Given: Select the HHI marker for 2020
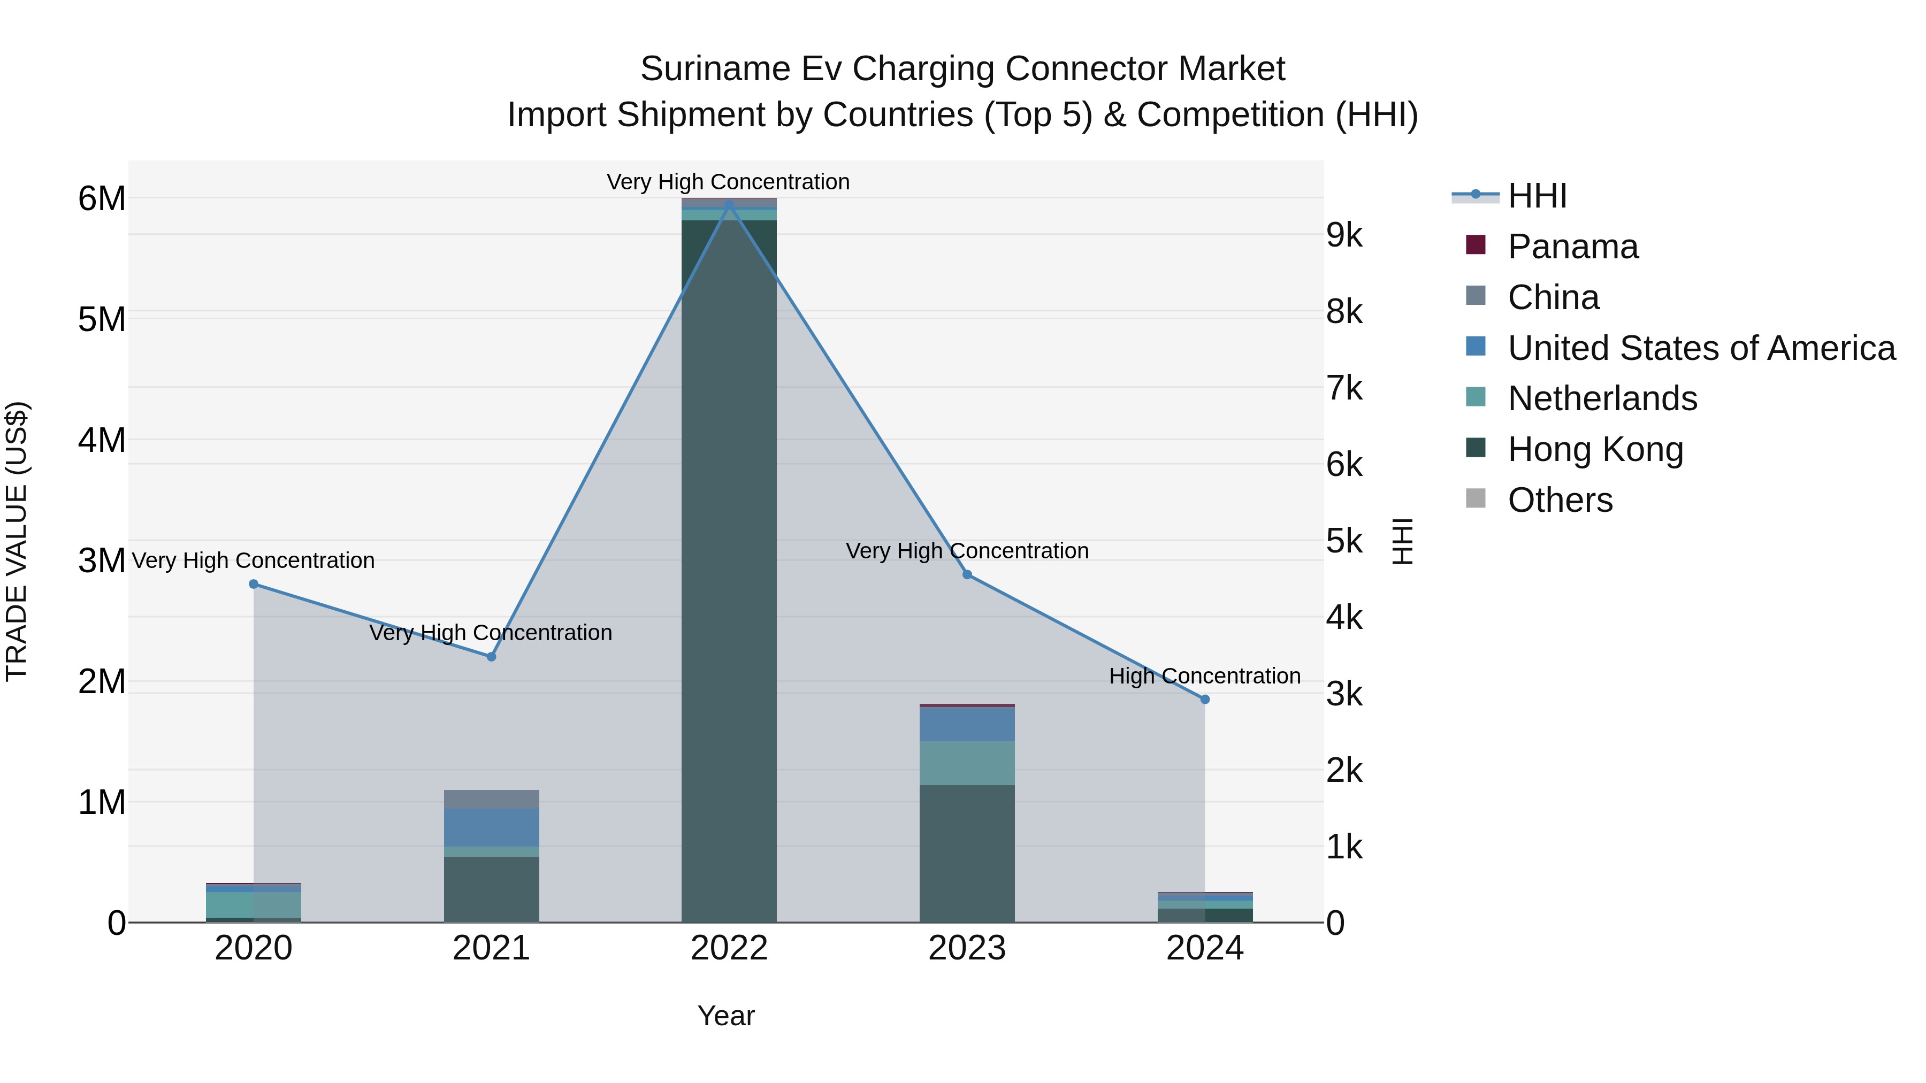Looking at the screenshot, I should tap(254, 583).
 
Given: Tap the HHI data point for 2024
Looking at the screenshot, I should tap(1204, 700).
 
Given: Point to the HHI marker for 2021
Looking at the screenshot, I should tap(491, 657).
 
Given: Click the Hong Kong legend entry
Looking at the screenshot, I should tap(1595, 449).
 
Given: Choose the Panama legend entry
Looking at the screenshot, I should tap(1572, 247).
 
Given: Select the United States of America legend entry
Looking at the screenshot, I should tap(1701, 348).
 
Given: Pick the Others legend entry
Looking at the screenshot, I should tap(1560, 500).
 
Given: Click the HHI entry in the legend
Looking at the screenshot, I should tap(1537, 196).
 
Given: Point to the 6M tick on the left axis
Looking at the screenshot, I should tap(102, 199).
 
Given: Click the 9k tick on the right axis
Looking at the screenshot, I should tap(1344, 235).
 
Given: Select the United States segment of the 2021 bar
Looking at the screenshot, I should tap(491, 827).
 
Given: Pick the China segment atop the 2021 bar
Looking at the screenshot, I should tap(491, 799).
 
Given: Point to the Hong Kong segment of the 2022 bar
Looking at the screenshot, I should tap(729, 568).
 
